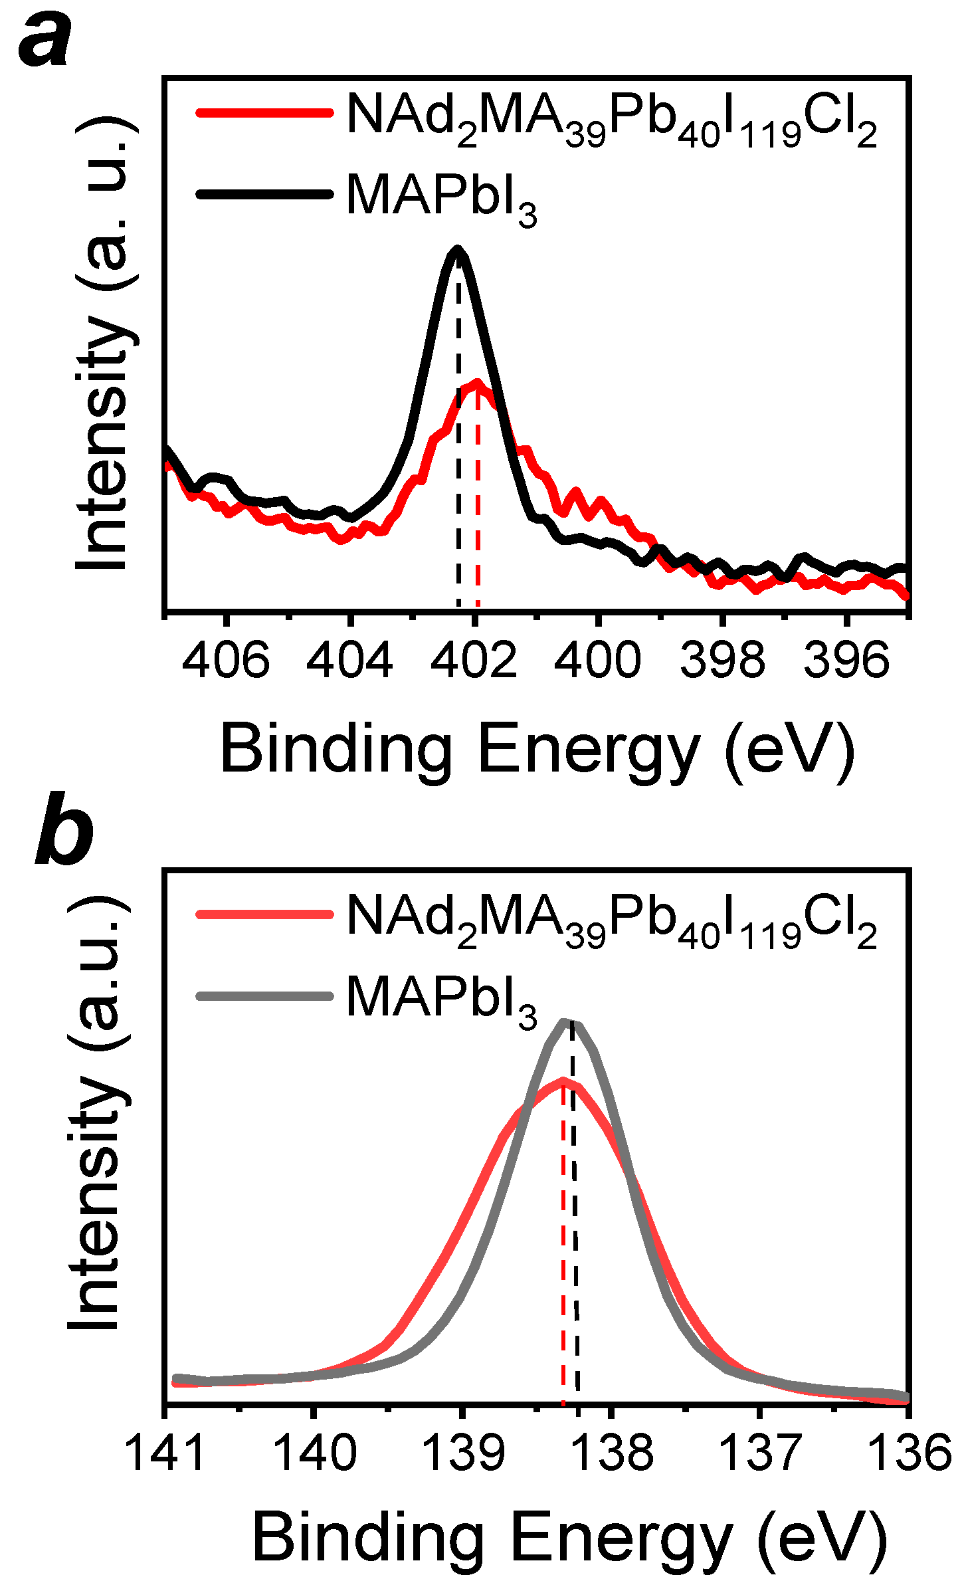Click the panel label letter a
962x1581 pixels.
45,41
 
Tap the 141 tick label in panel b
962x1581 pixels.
165,1454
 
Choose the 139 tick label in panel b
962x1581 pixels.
463,1454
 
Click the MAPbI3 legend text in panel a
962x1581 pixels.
441,198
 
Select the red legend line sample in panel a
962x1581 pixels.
264,112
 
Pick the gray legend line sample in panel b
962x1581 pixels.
264,996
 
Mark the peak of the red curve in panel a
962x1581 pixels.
476,383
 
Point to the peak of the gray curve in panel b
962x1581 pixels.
568,1022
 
